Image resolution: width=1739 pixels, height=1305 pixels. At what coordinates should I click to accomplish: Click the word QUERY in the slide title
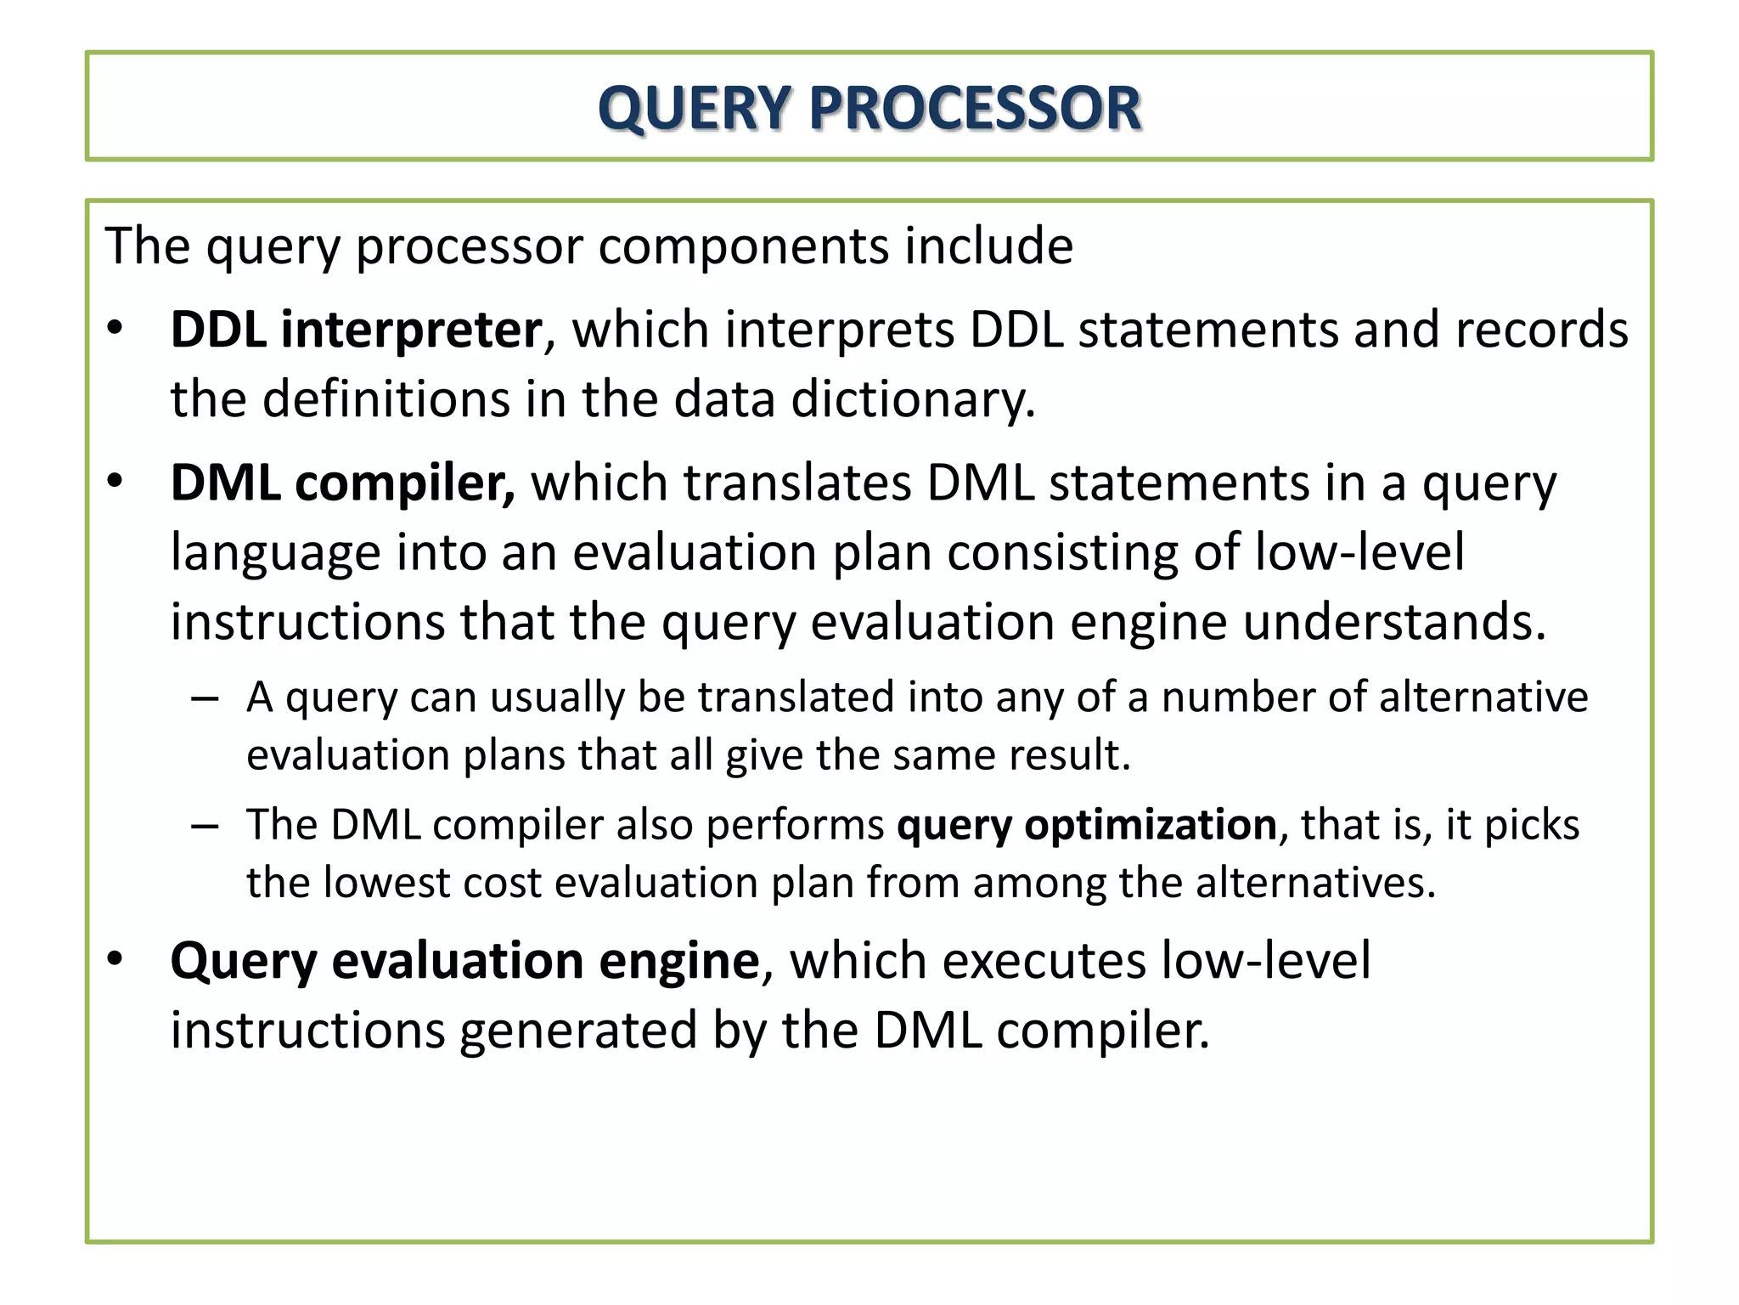[696, 109]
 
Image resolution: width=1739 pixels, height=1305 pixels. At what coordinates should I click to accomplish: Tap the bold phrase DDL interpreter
[356, 330]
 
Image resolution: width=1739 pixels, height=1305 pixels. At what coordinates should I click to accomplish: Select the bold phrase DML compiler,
[342, 483]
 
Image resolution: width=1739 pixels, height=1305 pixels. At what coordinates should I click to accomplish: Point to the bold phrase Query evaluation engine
[464, 961]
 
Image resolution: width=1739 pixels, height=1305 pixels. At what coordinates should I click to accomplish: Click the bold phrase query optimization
[1087, 825]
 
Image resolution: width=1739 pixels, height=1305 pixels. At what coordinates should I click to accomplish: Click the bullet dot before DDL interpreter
[115, 329]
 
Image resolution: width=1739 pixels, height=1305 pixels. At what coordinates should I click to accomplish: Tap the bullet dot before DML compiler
[115, 482]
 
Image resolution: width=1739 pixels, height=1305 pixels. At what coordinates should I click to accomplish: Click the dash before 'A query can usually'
[205, 699]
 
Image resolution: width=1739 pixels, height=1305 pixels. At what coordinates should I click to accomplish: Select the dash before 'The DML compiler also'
[205, 827]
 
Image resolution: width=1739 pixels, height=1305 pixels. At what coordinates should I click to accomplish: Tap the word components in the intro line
[743, 246]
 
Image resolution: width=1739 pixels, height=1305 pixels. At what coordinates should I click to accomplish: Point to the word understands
[1394, 622]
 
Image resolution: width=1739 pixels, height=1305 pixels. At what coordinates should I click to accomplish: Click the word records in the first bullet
[1542, 330]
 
